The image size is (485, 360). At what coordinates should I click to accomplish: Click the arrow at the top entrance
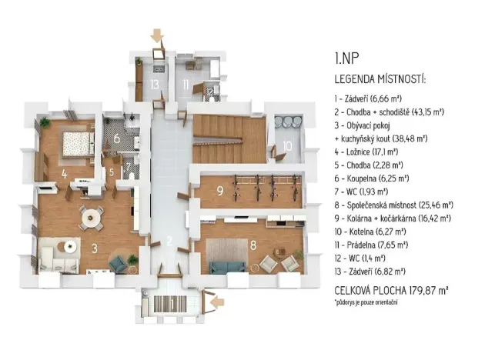point(157,35)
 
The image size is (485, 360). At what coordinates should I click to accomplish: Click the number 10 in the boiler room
point(286,146)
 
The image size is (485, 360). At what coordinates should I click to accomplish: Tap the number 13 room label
point(155,84)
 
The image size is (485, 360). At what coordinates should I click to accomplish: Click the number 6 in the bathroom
point(117,139)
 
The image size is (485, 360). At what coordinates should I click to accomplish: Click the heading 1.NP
point(346,58)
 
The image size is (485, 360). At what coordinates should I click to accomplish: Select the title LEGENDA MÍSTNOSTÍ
point(380,79)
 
